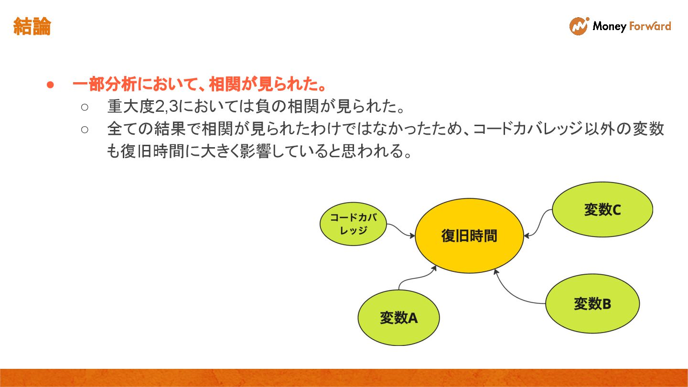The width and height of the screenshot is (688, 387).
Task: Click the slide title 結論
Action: (x=32, y=27)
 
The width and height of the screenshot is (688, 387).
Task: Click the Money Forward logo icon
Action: (x=579, y=26)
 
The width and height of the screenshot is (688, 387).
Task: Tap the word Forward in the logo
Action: (x=650, y=26)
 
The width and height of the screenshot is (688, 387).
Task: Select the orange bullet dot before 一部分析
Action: (x=50, y=86)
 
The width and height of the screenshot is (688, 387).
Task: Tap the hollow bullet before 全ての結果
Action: (x=85, y=129)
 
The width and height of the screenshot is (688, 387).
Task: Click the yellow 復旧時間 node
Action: (x=469, y=236)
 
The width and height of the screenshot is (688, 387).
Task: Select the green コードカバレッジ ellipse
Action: (x=353, y=224)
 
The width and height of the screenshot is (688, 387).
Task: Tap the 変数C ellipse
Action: (x=602, y=209)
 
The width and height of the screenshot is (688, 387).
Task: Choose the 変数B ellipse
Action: (x=592, y=303)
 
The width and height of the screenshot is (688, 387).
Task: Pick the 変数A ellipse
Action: (x=398, y=317)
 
